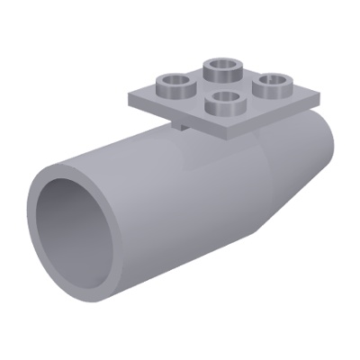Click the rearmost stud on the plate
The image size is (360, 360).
[219, 69]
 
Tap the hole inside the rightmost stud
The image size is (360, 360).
[267, 84]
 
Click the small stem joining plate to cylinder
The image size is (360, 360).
[183, 129]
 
